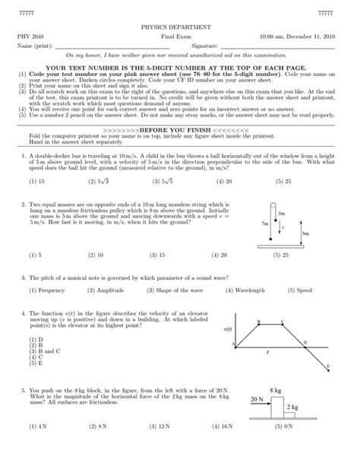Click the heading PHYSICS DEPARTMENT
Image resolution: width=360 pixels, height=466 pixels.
pos(179,25)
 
